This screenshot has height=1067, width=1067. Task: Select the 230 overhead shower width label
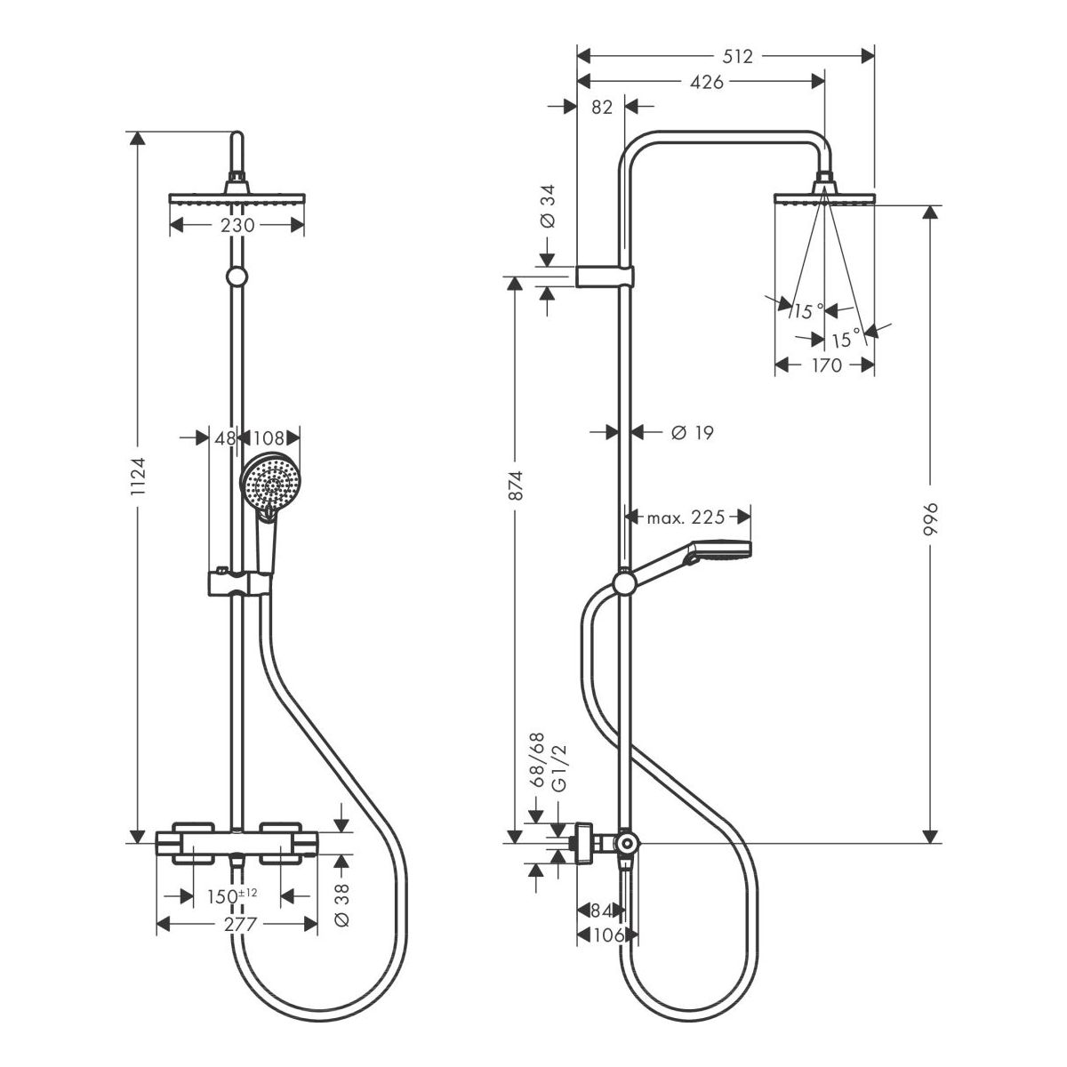[237, 226]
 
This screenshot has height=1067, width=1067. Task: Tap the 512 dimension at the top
[736, 57]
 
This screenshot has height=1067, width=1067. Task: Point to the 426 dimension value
[705, 83]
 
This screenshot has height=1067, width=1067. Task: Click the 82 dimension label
[602, 108]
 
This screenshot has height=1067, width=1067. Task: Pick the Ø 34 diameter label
[548, 207]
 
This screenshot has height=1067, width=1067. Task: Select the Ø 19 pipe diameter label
[692, 433]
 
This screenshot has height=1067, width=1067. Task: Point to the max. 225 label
[686, 517]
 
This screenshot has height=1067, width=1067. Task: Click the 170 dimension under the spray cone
[826, 365]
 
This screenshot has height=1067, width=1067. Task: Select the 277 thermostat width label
[240, 925]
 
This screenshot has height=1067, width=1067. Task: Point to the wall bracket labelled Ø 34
[606, 277]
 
